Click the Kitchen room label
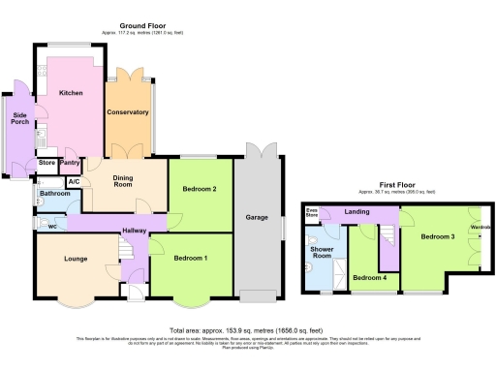tap(71, 93)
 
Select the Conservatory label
tap(128, 112)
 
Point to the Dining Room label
tap(122, 181)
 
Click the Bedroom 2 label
tap(200, 189)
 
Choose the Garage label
tap(257, 217)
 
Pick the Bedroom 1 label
tap(191, 259)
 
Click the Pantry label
tap(70, 163)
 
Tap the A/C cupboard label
tap(74, 181)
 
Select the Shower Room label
tap(323, 253)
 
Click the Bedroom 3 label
tap(438, 236)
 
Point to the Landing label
tap(358, 212)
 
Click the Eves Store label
tap(312, 212)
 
